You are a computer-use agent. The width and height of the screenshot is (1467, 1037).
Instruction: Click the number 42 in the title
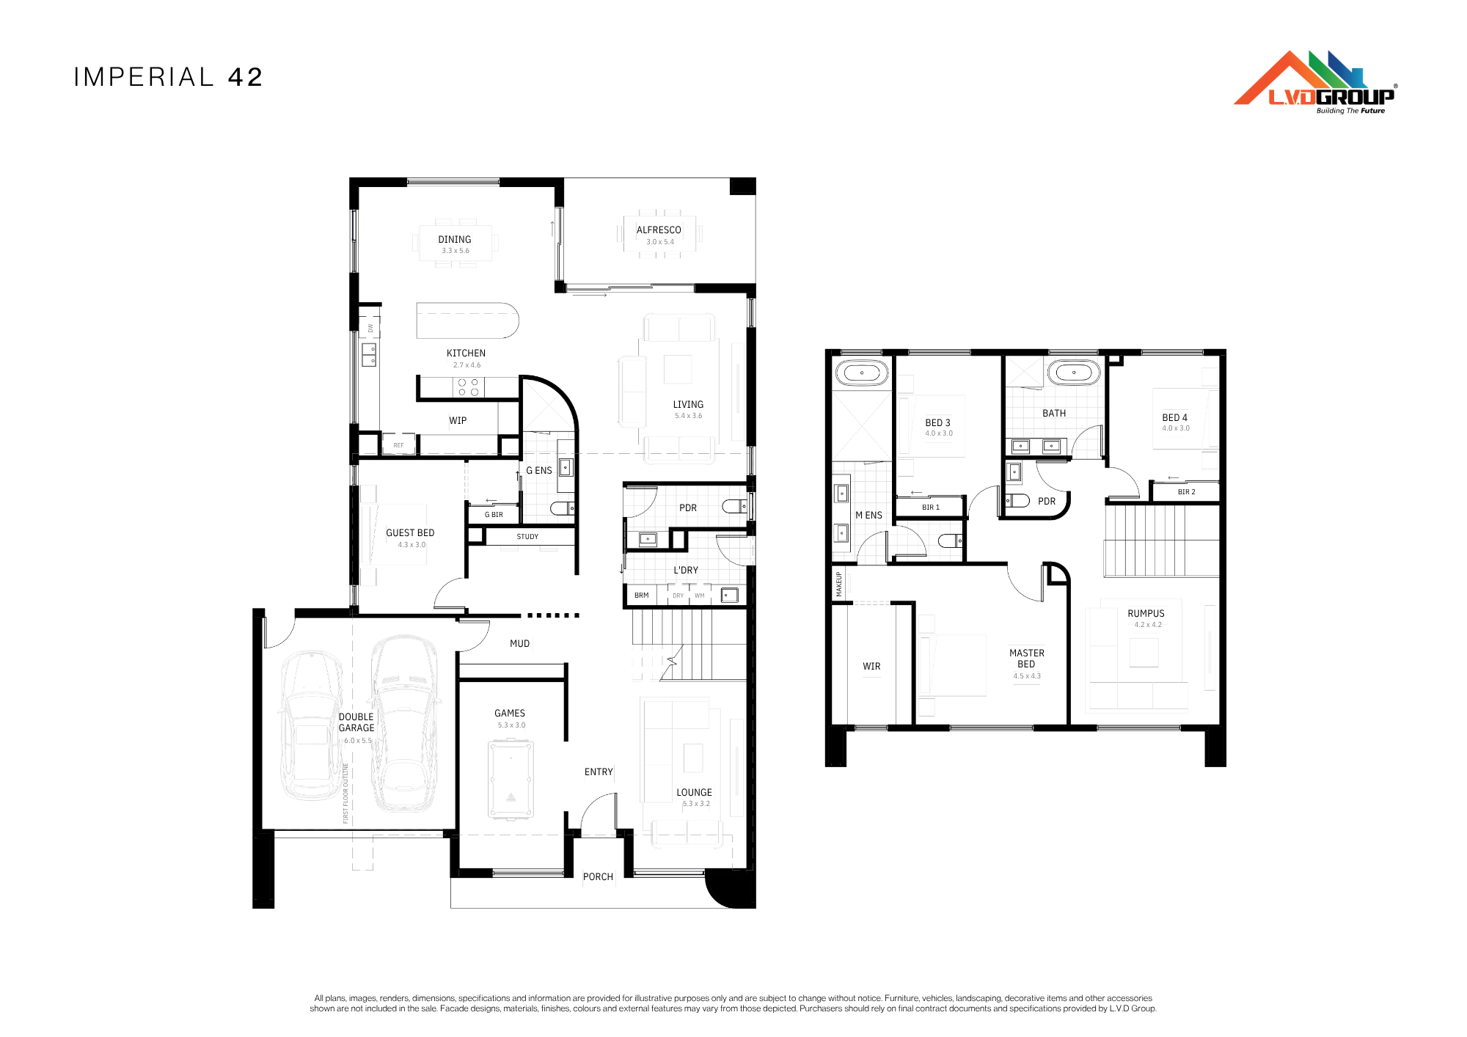[x=246, y=77]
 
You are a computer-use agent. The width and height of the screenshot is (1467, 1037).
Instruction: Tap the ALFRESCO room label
[x=659, y=230]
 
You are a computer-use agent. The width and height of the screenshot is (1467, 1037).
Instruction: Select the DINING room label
[x=455, y=239]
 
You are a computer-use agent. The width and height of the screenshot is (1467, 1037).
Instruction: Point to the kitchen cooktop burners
[x=468, y=387]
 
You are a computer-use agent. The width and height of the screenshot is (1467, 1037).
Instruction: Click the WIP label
[x=458, y=420]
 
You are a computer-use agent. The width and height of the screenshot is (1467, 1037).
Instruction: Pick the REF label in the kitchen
[x=398, y=445]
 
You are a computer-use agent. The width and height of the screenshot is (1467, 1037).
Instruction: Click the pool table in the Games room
[x=511, y=780]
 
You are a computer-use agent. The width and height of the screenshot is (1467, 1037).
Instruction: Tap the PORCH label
[x=598, y=876]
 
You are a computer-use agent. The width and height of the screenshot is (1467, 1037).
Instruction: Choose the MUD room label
[x=519, y=643]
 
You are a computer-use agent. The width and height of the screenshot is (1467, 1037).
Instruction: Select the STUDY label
[x=527, y=537]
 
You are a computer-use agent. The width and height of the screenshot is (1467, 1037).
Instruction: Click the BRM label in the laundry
[x=641, y=596]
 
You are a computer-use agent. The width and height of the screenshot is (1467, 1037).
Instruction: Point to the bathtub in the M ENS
[x=862, y=373]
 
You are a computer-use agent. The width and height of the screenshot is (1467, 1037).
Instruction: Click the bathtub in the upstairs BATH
[x=1074, y=373]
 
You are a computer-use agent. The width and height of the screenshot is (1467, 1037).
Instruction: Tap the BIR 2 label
[x=1186, y=492]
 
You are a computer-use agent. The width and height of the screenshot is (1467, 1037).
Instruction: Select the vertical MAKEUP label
[x=839, y=585]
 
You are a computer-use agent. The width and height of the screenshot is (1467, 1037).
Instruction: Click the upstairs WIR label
[x=871, y=666]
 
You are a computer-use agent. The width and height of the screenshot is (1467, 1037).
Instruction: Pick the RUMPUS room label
[x=1146, y=613]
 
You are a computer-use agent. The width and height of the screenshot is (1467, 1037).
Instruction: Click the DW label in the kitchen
[x=370, y=327]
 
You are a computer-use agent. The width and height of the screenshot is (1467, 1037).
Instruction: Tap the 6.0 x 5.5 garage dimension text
[x=357, y=740]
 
